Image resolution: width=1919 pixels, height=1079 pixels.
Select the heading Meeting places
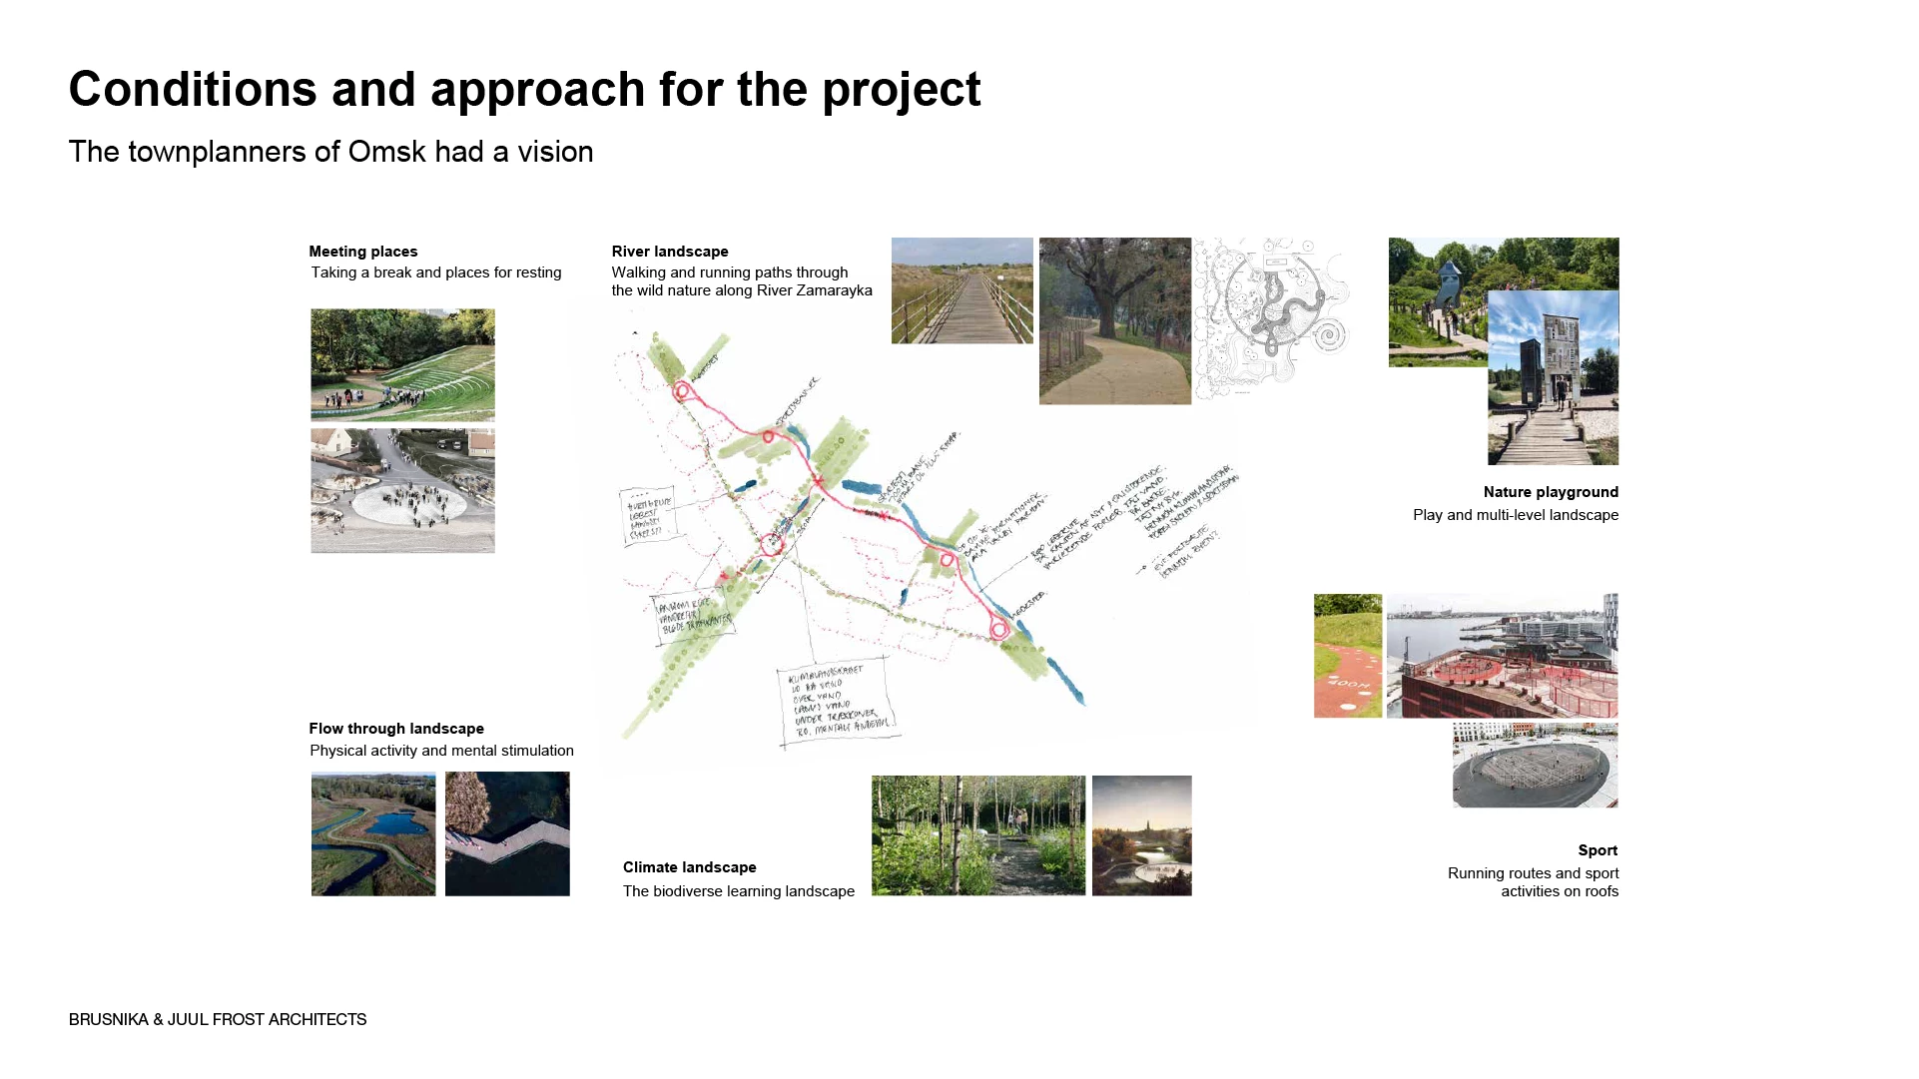tap(362, 252)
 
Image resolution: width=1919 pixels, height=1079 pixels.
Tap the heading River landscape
tap(669, 252)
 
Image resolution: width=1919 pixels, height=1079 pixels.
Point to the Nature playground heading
tap(1550, 492)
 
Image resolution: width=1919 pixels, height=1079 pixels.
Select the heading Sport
tap(1597, 850)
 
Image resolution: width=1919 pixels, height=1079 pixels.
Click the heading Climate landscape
tap(689, 867)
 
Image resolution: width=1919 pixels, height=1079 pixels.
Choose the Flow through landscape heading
tap(395, 729)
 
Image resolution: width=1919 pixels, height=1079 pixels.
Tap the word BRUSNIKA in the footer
tap(108, 1019)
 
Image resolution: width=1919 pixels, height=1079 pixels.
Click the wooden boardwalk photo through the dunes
tap(961, 290)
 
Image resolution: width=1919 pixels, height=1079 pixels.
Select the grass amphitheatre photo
tap(402, 364)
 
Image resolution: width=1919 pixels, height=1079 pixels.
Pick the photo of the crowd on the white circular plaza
tap(402, 491)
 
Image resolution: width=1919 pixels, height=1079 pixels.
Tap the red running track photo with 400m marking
tap(1347, 656)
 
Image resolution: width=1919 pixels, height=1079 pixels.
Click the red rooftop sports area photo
tap(1501, 656)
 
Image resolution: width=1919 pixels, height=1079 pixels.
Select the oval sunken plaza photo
tap(1534, 766)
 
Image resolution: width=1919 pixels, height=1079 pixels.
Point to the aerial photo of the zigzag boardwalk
tap(507, 833)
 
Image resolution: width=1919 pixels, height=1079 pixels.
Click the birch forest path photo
tap(977, 835)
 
